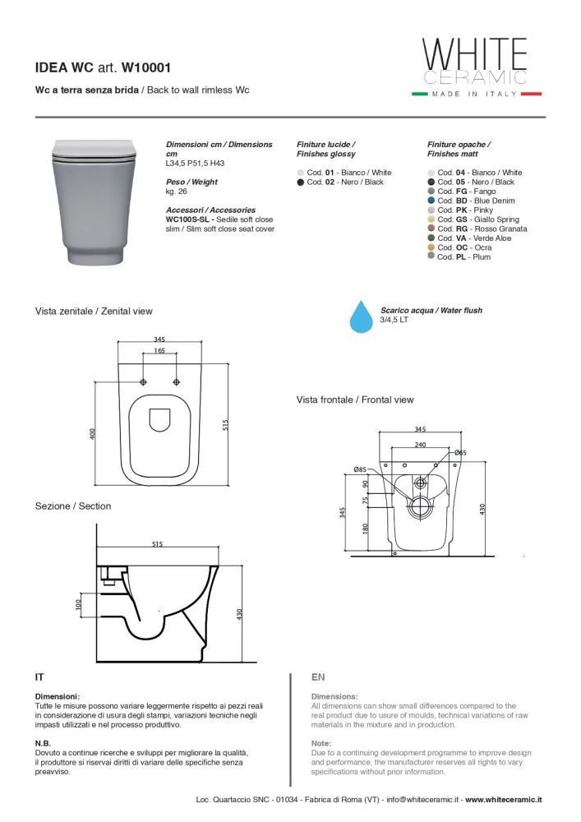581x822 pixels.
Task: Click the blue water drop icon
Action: click(x=361, y=317)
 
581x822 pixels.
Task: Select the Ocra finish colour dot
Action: click(x=431, y=247)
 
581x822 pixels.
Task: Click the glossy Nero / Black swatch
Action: click(x=301, y=182)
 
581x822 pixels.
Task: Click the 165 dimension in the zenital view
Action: click(x=159, y=351)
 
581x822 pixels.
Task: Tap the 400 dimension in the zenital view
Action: click(x=93, y=432)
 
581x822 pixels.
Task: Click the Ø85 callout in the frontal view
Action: click(x=359, y=469)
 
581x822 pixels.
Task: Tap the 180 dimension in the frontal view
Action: click(x=366, y=528)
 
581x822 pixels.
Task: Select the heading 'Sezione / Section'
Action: click(x=73, y=506)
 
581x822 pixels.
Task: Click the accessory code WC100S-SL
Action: click(x=190, y=219)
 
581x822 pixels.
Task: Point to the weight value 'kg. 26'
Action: click(x=177, y=192)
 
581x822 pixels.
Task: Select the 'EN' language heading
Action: click(x=318, y=677)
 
